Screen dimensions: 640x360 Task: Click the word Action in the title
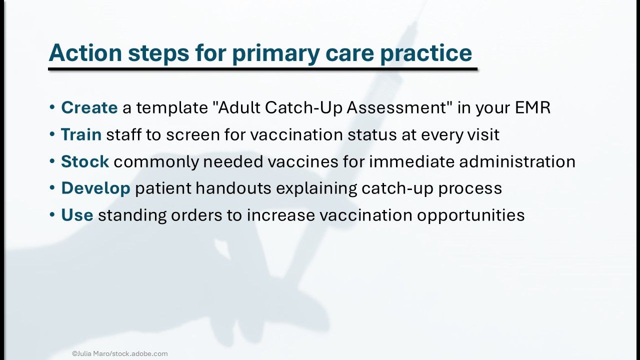coord(85,52)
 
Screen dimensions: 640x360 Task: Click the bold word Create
coord(89,107)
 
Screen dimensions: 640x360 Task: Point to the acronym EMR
coord(532,107)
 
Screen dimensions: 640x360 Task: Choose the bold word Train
coord(81,134)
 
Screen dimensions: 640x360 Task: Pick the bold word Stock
coord(85,161)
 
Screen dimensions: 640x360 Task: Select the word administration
coord(517,161)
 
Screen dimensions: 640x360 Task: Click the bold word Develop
coord(95,189)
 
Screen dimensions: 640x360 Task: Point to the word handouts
coord(233,188)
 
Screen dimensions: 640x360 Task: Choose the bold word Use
coord(77,215)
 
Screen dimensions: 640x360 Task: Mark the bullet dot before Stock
coord(52,161)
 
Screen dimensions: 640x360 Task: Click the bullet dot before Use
coord(52,214)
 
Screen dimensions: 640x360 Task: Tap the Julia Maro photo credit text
coord(120,353)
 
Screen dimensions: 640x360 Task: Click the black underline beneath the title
coord(263,69)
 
